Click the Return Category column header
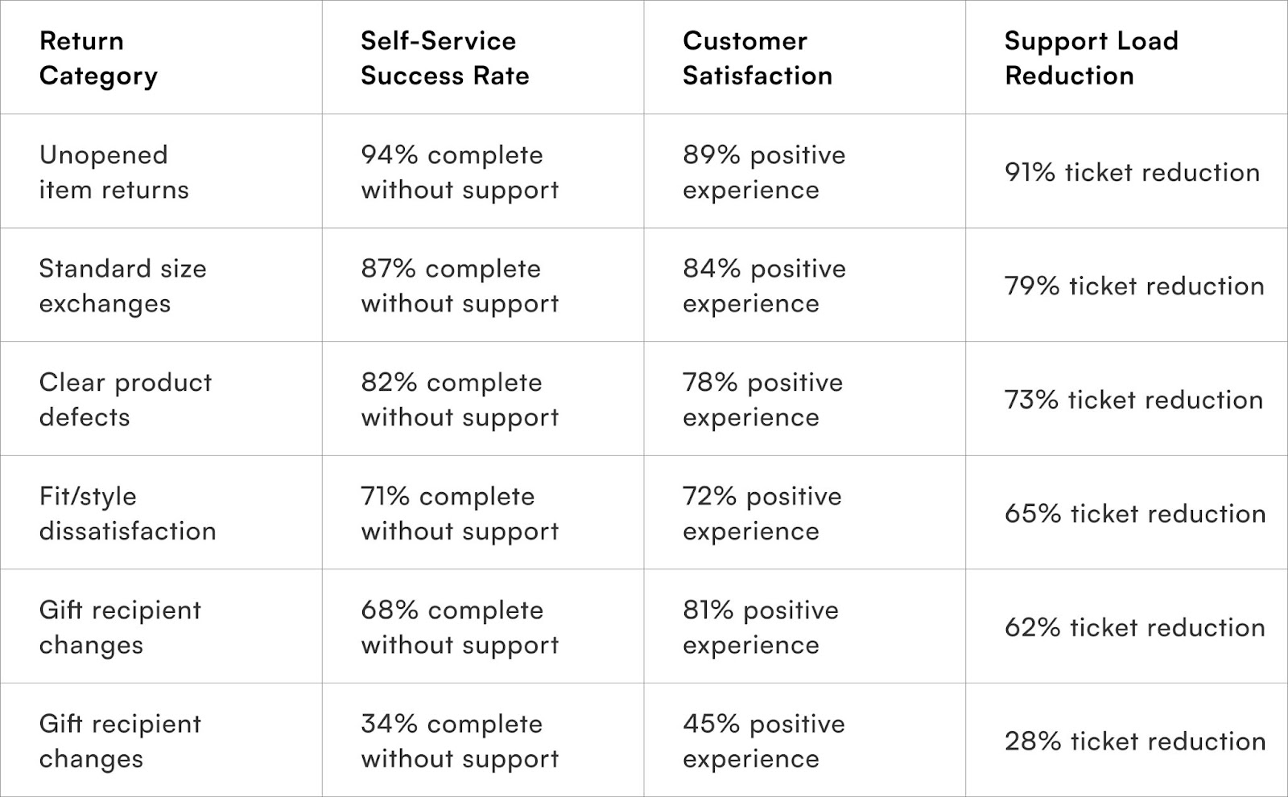(98, 58)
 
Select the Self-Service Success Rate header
(444, 58)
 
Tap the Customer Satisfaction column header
(757, 58)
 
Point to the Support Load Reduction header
(1091, 58)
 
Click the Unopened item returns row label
(114, 172)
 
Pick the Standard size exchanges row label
(122, 286)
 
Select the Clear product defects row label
(125, 400)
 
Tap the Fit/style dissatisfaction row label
(127, 513)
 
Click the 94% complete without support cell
(459, 172)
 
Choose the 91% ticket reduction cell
(1131, 172)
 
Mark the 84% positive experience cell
(763, 286)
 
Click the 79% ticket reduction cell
(1133, 286)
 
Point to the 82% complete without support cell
(459, 400)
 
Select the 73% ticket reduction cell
(1133, 400)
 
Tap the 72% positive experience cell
(762, 513)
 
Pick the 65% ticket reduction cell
(1134, 514)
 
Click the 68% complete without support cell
(459, 627)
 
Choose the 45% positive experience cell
(763, 741)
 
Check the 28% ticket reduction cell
(1134, 742)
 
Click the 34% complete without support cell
(459, 741)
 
